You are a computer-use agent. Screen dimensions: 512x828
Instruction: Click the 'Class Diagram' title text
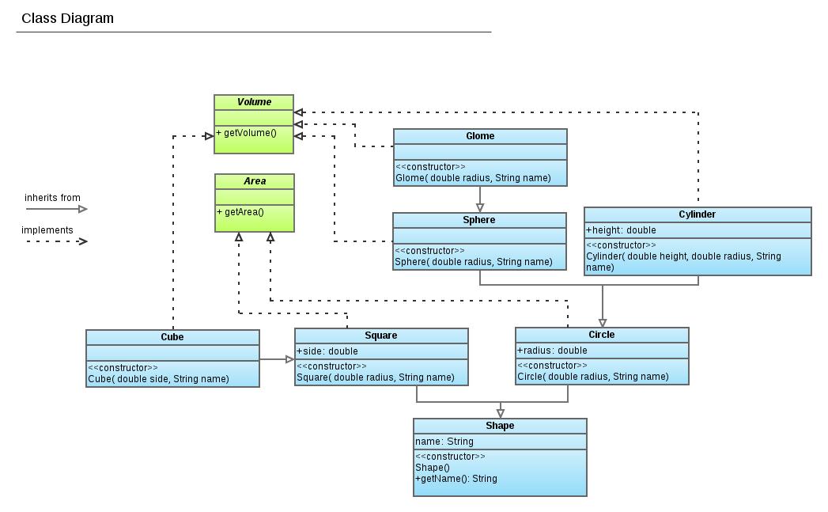pos(67,18)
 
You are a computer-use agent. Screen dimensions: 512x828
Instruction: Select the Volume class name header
pos(254,102)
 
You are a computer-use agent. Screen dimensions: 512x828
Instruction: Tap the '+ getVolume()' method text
pos(246,133)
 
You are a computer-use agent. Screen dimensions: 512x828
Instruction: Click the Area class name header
pos(255,181)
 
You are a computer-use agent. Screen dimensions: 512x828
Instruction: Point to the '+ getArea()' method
pos(240,212)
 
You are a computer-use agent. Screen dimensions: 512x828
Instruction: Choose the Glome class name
pos(480,136)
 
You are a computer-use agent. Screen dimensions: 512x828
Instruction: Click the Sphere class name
pos(479,220)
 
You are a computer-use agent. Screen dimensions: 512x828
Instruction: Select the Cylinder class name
pos(697,214)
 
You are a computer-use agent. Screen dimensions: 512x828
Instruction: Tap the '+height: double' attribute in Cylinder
pos(621,230)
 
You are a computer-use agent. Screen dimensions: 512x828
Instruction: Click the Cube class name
pos(172,337)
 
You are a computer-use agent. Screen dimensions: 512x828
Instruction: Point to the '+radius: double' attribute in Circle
pos(552,351)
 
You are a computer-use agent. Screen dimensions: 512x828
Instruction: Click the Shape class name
pos(500,426)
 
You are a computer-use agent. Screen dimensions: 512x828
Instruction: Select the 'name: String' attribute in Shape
pos(444,442)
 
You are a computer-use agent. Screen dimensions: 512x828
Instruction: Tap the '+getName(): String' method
pos(456,479)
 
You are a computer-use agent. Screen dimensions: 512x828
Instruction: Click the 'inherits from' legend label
pos(52,198)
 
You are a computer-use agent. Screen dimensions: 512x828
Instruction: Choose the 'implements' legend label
pos(47,230)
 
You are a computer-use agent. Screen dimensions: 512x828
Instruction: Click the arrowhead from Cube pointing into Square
pos(289,359)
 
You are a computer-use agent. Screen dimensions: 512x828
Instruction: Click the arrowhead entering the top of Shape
pos(500,413)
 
